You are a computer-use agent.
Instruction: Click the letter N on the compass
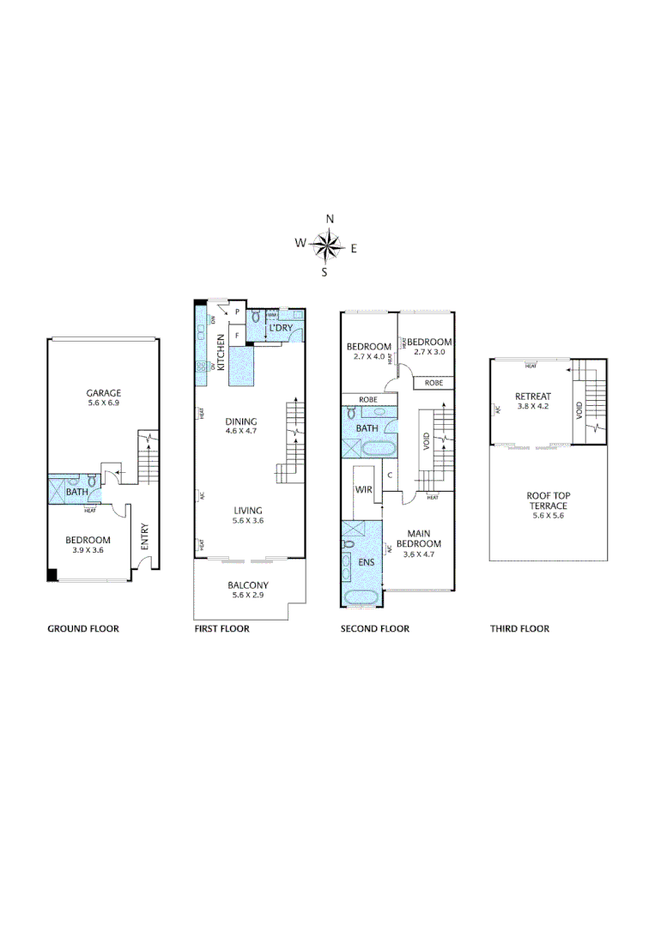click(330, 219)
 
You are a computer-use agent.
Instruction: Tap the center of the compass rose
click(327, 246)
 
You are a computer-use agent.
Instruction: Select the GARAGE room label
click(103, 392)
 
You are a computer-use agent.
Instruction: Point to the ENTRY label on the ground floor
click(144, 538)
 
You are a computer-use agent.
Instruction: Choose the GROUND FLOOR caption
click(83, 628)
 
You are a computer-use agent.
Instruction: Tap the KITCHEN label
click(221, 351)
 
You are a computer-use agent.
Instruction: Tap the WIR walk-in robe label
click(363, 489)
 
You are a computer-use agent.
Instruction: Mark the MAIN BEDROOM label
click(420, 538)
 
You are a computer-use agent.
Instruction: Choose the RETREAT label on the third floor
click(532, 396)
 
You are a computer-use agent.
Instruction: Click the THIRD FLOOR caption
click(519, 628)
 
